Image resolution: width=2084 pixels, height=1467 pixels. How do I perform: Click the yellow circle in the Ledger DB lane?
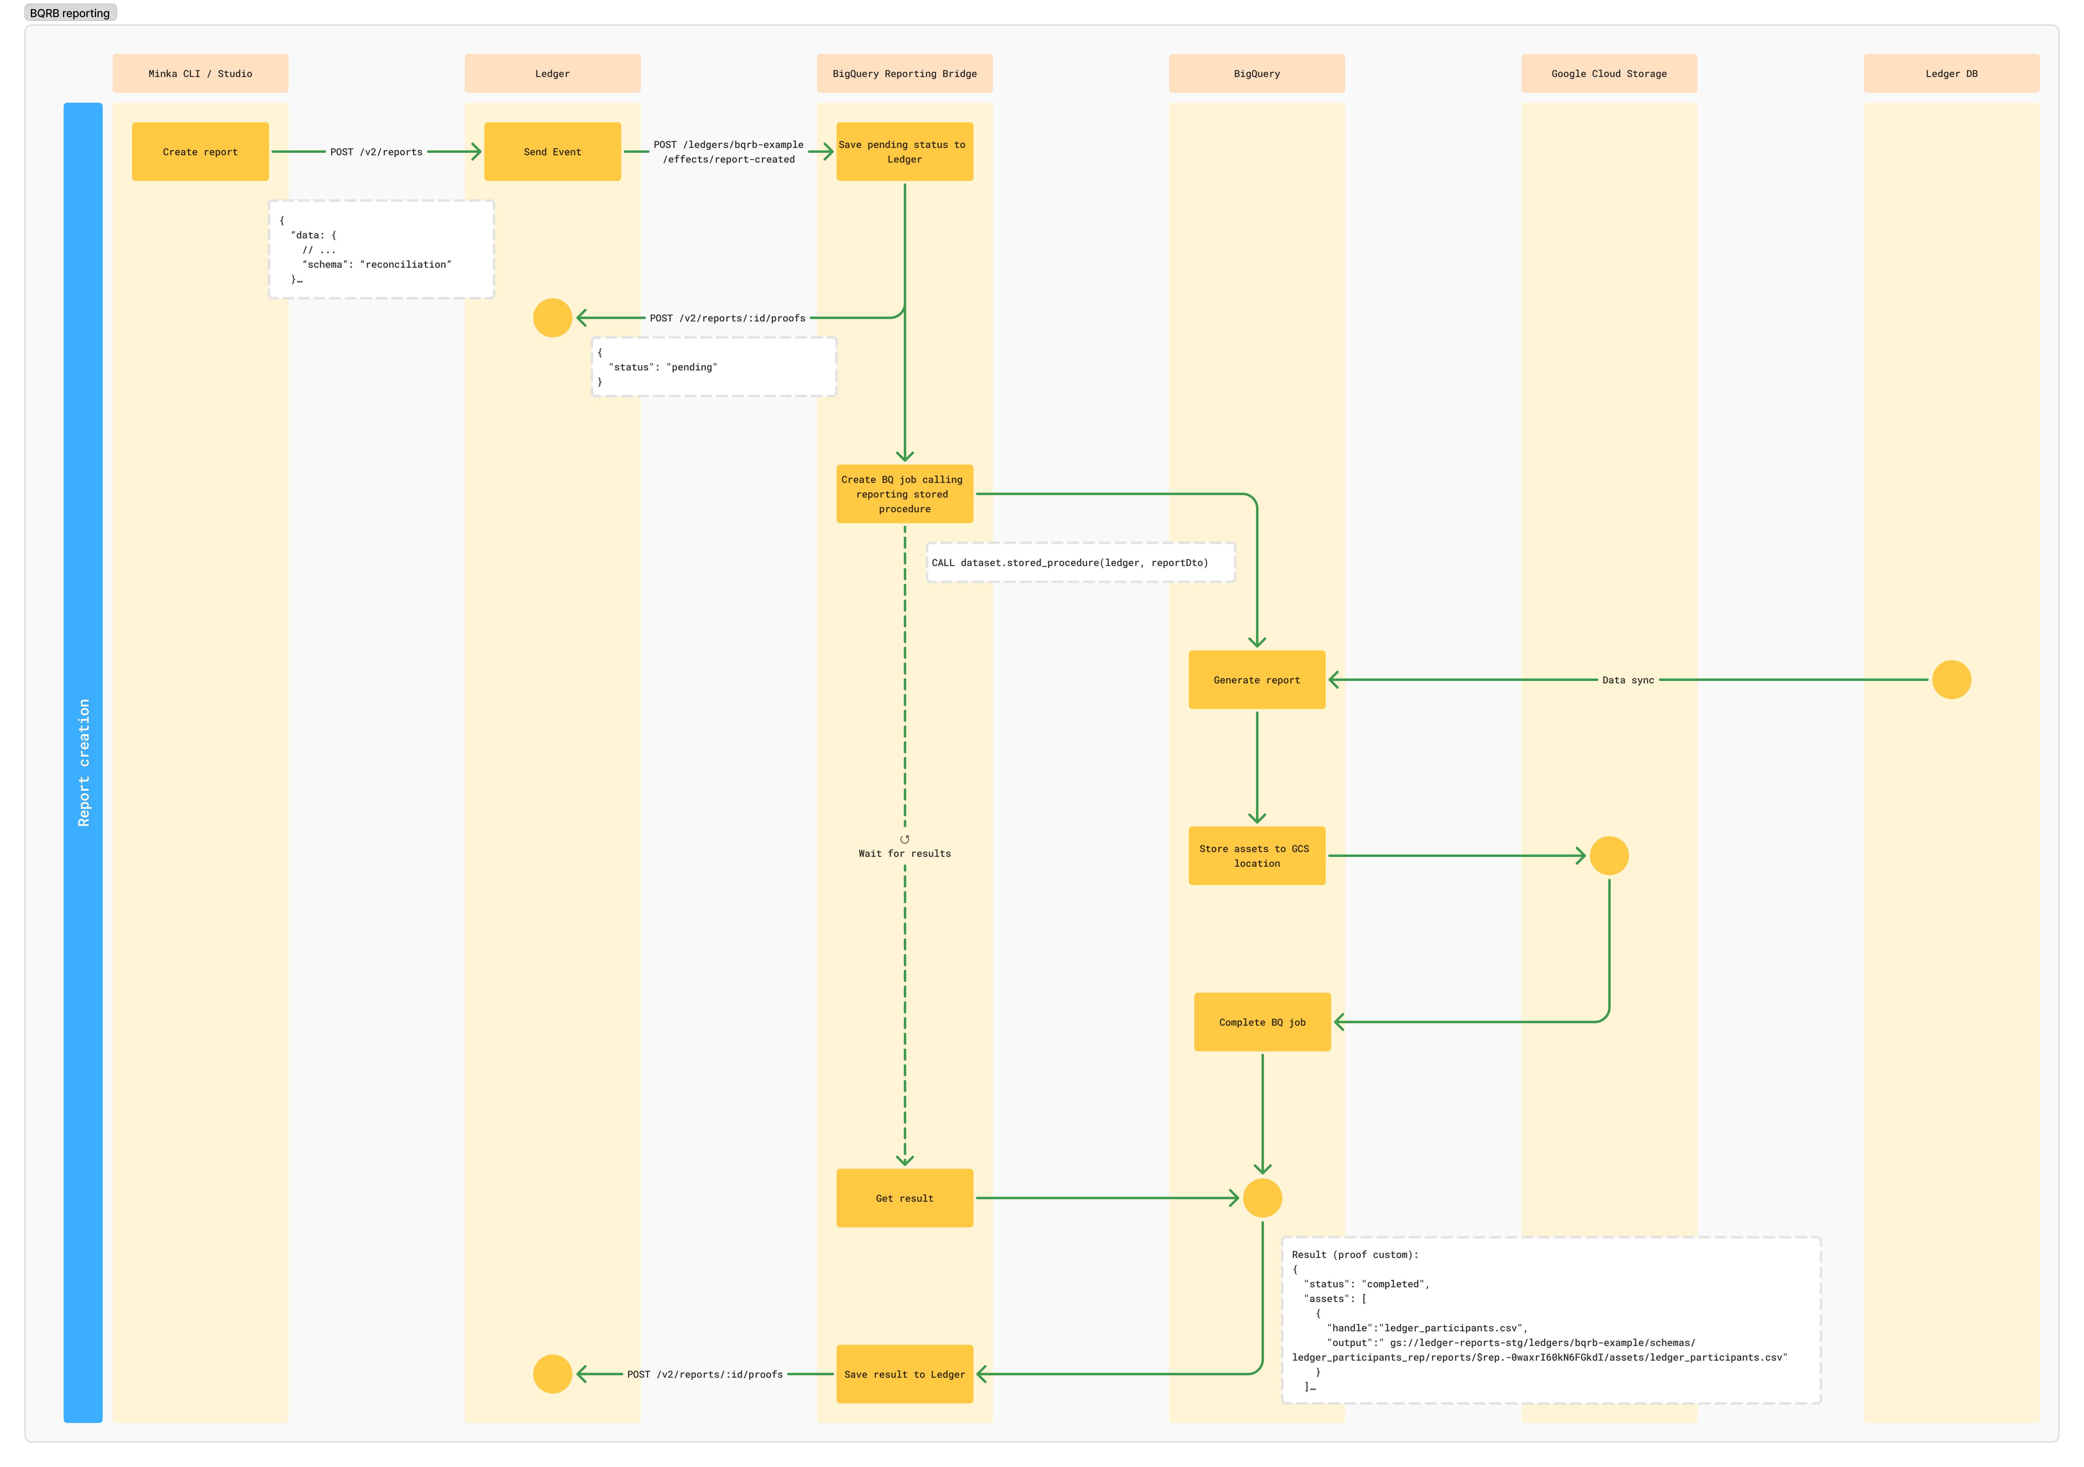(x=1952, y=679)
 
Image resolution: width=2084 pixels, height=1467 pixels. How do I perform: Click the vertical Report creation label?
(x=83, y=762)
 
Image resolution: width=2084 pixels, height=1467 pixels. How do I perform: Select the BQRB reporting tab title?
(x=70, y=13)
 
